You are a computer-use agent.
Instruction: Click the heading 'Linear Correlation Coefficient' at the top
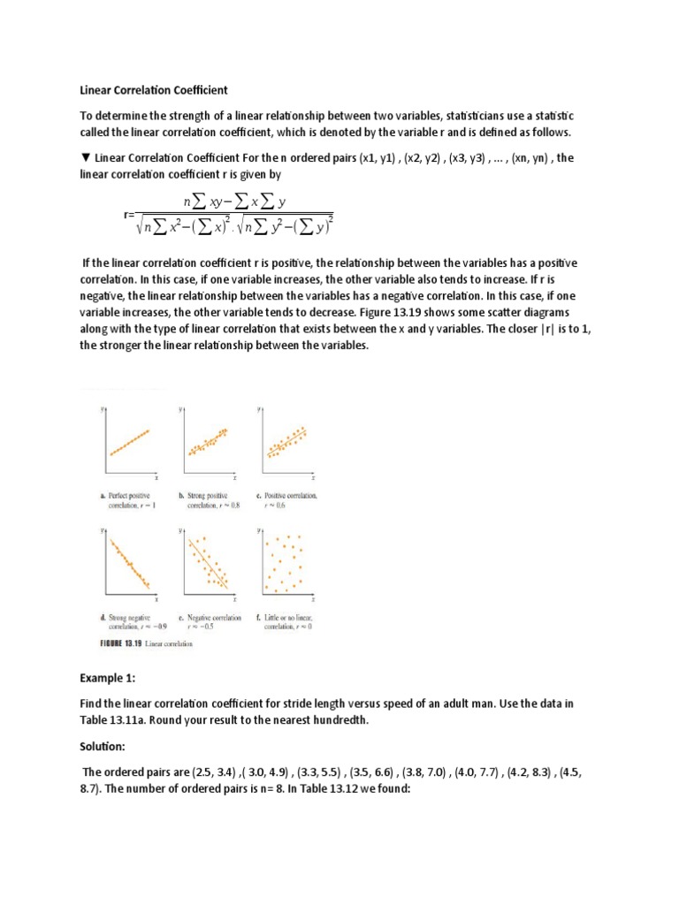(155, 90)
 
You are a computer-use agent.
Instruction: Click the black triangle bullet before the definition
(85, 158)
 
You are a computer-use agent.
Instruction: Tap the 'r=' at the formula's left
(129, 215)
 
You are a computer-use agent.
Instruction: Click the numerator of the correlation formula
(234, 202)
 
